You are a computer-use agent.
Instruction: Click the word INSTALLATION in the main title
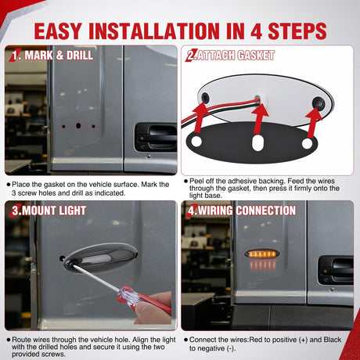154,31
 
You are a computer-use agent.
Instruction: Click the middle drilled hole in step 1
78,126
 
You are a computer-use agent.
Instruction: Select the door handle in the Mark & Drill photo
156,136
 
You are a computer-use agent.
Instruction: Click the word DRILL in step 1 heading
80,56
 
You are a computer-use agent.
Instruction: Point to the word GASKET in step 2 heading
256,56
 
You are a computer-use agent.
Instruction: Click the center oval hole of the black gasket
257,142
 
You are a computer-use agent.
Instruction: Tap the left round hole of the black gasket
196,141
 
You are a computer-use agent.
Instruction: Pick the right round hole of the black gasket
307,143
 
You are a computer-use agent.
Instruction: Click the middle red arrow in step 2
260,119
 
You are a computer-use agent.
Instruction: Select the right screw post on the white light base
319,103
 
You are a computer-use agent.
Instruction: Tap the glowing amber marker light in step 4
261,254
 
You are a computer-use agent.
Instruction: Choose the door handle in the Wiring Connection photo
336,270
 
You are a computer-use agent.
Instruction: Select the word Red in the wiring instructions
254,340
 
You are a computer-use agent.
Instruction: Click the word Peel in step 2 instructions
196,181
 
